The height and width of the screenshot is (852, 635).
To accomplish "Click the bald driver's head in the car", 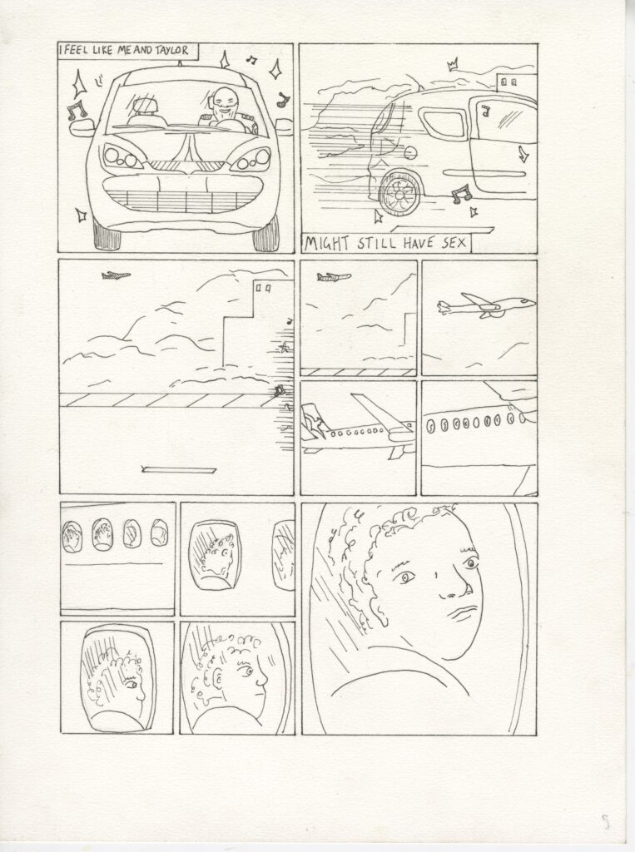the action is click(x=223, y=101).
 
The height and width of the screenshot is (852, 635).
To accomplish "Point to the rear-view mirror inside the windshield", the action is click(x=143, y=103).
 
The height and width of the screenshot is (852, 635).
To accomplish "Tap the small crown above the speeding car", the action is click(x=452, y=67).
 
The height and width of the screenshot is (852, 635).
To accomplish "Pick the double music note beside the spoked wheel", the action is click(x=460, y=193).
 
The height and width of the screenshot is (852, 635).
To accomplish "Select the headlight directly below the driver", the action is click(x=250, y=159).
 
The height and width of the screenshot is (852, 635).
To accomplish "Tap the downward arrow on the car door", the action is click(x=523, y=154).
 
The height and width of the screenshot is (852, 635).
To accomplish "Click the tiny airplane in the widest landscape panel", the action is click(x=116, y=275).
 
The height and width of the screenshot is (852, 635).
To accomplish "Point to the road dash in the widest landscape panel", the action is click(x=178, y=469).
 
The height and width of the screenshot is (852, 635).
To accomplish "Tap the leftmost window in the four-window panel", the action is click(x=72, y=537).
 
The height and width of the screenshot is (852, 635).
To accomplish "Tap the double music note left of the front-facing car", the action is click(x=77, y=111).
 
